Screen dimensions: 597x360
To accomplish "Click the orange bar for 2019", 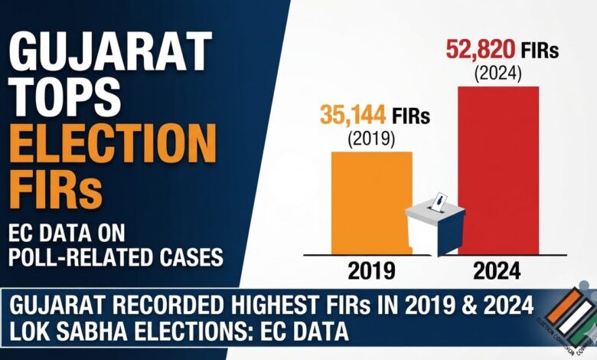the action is click(371, 203).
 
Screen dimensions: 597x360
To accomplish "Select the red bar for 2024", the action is click(498, 170).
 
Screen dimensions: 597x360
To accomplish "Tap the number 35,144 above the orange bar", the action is click(353, 115).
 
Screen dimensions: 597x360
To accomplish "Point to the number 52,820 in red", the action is click(481, 50).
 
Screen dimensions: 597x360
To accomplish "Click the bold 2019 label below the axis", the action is click(371, 271).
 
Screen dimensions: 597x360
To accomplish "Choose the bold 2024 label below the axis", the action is click(497, 271).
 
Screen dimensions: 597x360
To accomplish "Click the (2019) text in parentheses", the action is click(371, 139).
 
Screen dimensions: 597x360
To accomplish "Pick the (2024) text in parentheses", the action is click(497, 74).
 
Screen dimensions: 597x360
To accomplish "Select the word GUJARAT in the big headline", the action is click(110, 52).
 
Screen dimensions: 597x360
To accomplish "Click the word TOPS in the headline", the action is click(65, 97).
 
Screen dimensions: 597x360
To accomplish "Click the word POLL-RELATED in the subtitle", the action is click(81, 257).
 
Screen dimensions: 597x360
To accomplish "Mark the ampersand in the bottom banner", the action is click(469, 305).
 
